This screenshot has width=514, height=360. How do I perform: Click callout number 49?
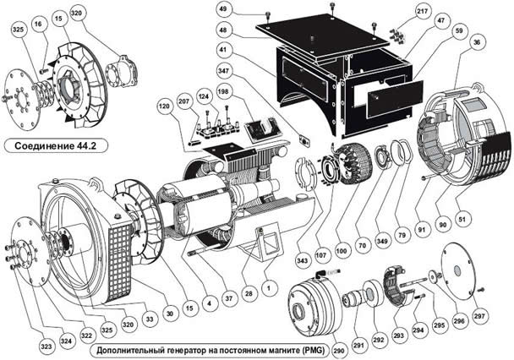click(223, 9)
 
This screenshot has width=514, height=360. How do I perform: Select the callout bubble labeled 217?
click(422, 12)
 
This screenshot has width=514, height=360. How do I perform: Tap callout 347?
click(223, 71)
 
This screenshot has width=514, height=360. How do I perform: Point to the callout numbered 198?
click(223, 92)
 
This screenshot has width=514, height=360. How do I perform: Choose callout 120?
click(165, 106)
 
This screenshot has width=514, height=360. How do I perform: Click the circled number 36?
click(477, 42)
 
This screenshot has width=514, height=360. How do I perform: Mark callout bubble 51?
click(462, 219)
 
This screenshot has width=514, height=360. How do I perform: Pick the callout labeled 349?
click(382, 242)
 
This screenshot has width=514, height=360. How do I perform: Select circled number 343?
click(302, 261)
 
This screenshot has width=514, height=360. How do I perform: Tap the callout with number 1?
click(269, 288)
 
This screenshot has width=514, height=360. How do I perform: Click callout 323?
click(46, 346)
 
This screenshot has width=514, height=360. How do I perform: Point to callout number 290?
click(339, 351)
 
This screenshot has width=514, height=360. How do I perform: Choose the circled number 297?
click(479, 316)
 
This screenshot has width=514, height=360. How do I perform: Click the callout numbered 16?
click(38, 24)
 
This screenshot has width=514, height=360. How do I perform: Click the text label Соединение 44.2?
click(56, 145)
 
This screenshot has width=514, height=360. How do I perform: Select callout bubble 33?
click(150, 319)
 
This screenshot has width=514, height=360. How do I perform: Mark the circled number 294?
click(418, 330)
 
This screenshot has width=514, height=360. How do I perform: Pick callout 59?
click(459, 31)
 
